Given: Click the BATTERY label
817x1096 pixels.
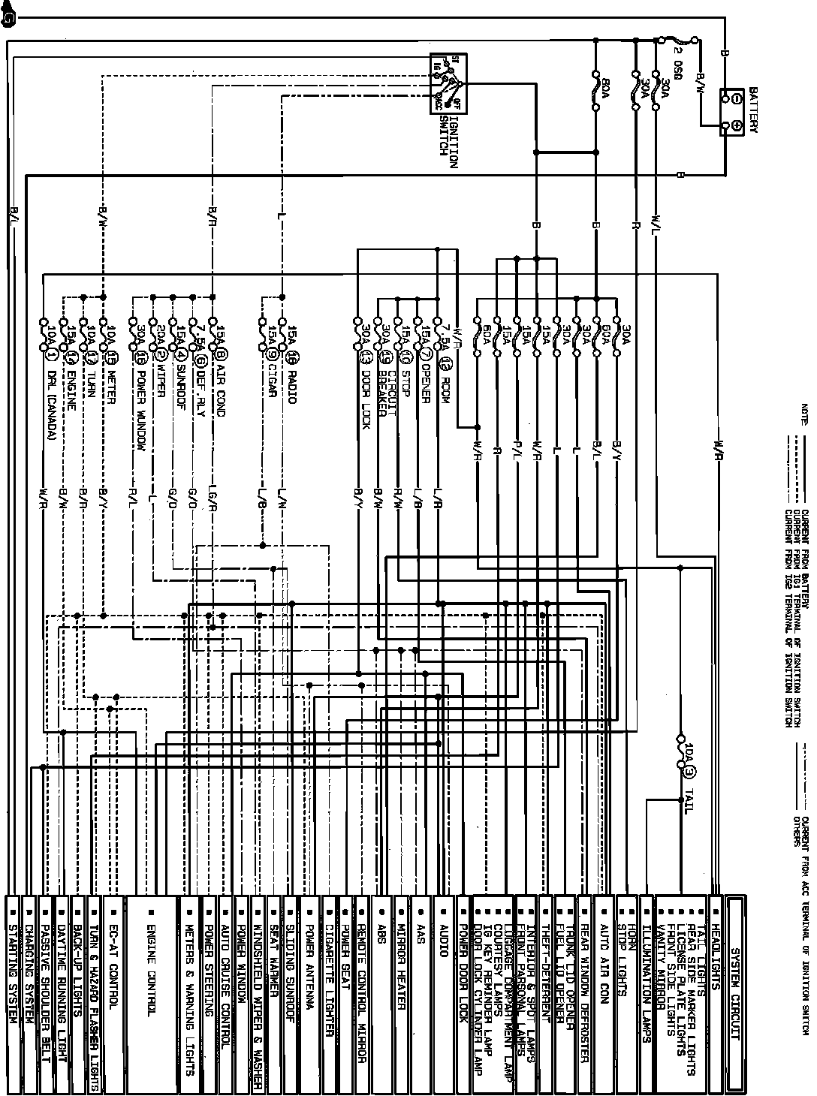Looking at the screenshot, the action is [x=753, y=110].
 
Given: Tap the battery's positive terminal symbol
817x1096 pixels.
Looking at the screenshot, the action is [x=737, y=128].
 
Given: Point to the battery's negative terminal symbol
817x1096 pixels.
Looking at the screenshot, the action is [x=737, y=98].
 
